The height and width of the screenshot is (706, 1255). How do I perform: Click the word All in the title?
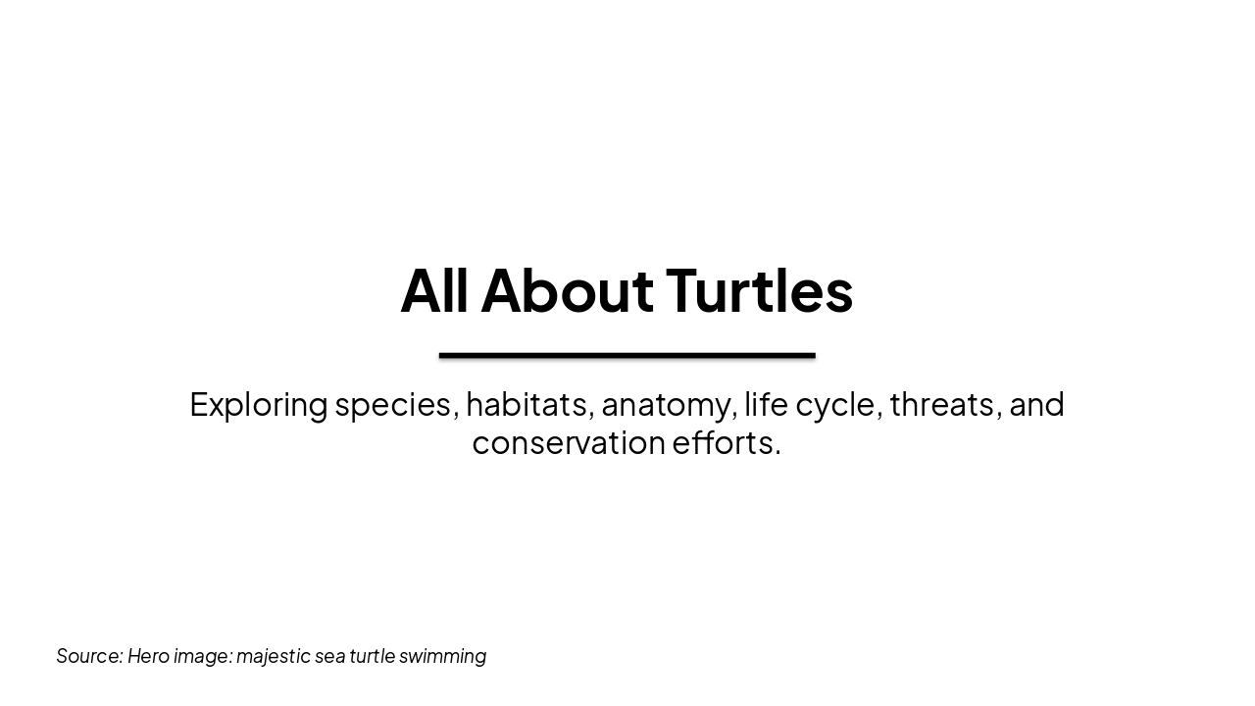[433, 290]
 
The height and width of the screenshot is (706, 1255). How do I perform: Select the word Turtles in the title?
[759, 290]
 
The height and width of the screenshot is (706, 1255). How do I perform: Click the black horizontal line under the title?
[627, 355]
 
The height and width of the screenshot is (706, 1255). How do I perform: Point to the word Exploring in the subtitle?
[258, 404]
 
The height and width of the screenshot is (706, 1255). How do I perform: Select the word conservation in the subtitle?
[569, 442]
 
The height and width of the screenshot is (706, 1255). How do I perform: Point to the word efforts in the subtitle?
[726, 442]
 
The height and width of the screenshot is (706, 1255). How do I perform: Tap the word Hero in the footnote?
[148, 656]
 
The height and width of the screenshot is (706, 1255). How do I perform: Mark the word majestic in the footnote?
[273, 656]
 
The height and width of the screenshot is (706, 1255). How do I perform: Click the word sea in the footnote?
[329, 656]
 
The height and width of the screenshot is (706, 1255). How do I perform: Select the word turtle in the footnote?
[373, 656]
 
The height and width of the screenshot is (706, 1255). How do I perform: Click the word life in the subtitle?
[766, 404]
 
